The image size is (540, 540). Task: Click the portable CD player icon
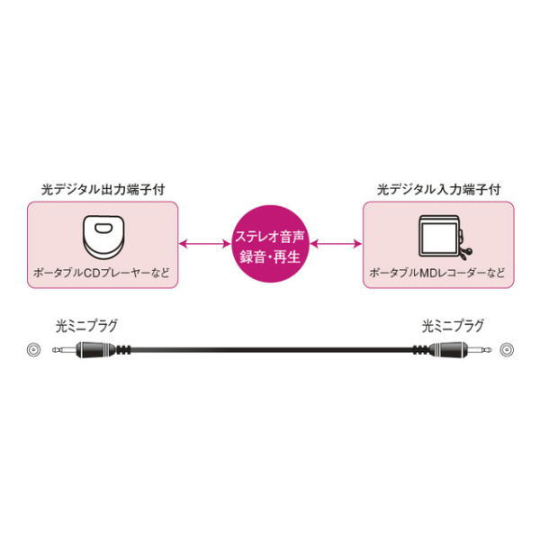[103, 237]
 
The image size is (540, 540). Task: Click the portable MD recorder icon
[445, 238]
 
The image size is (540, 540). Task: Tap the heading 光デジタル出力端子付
[103, 190]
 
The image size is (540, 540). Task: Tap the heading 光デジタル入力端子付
[438, 190]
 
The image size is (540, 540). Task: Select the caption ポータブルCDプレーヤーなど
[102, 273]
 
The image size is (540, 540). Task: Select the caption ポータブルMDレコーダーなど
[437, 273]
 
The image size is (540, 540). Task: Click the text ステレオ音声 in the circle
[270, 238]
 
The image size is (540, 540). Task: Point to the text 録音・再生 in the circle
[270, 257]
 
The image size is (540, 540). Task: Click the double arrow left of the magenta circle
[205, 244]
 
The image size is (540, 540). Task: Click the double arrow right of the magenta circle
[336, 244]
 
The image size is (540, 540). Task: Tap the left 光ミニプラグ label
[86, 326]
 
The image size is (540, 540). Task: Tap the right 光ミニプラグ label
[453, 326]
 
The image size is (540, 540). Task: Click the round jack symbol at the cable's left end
[33, 350]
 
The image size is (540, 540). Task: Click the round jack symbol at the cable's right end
[507, 350]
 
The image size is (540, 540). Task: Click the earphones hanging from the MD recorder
[465, 252]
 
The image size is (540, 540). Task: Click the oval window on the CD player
[103, 228]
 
